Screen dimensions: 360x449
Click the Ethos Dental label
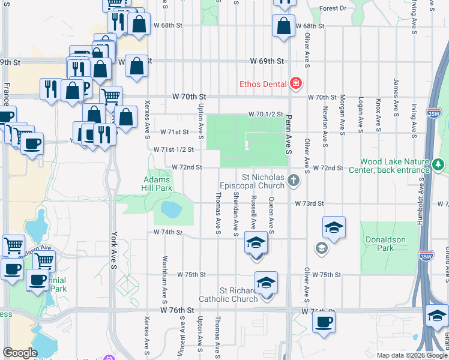[262, 84]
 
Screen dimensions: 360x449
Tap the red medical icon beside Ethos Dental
[295, 83]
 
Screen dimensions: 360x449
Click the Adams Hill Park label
[158, 184]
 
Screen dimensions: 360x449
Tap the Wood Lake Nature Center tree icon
[439, 165]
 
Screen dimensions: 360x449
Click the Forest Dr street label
[333, 8]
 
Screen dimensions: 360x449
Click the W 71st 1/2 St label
[173, 149]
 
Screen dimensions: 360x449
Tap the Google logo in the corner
[20, 353]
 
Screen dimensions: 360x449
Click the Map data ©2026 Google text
[412, 355]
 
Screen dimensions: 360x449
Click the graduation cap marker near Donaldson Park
[334, 228]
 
